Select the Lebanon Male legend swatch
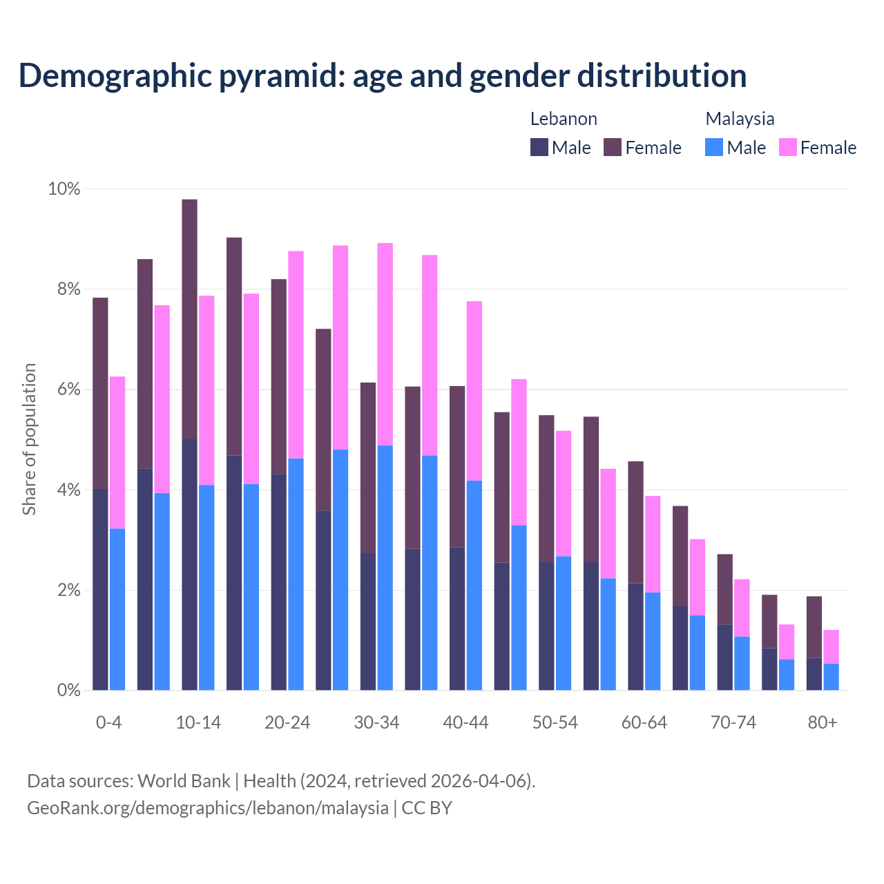pos(539,147)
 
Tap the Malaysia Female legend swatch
pos(787,147)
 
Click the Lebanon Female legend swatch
pos(613,147)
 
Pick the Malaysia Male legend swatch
pos(714,147)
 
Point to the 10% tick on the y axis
pos(64,189)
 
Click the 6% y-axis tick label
pos(68,390)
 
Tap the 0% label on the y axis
pos(68,690)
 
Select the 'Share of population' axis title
pos(29,439)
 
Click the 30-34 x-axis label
pos(376,722)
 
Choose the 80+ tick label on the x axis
pos(823,722)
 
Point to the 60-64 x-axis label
pos(644,722)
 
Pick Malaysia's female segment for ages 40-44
pos(474,391)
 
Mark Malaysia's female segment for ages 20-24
pos(296,354)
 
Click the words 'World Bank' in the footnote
pos(184,781)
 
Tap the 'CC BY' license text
pos(427,807)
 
